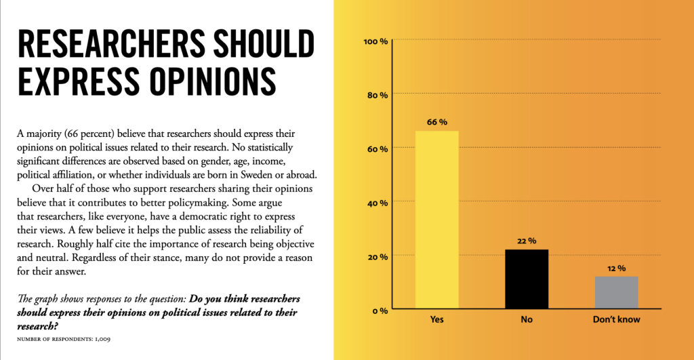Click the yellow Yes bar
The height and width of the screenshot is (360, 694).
pos(436,220)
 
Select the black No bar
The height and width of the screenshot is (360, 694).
pos(527,279)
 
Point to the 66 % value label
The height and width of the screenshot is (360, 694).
pos(437,122)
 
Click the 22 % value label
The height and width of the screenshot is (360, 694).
pos(527,241)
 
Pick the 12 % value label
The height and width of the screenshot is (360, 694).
pos(616,268)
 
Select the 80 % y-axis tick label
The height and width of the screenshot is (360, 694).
pos(377,95)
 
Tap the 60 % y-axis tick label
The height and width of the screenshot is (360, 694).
pos(377,148)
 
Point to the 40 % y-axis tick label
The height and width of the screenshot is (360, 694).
pos(377,203)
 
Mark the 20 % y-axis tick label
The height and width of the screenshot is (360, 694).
pos(377,256)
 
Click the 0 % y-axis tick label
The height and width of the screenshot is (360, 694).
pos(379,311)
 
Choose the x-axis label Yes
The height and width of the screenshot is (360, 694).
pos(437,319)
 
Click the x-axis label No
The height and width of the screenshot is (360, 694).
pos(527,319)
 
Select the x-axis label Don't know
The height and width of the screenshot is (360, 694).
pos(616,319)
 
